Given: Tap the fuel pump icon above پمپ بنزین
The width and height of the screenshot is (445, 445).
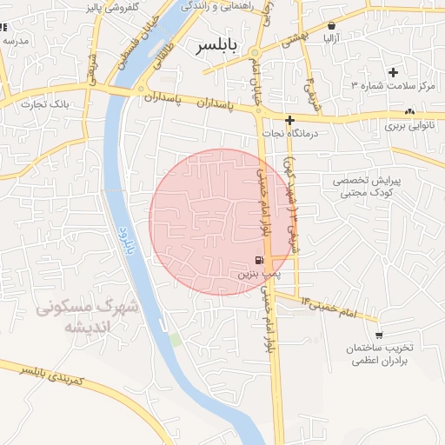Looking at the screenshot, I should click(259, 260).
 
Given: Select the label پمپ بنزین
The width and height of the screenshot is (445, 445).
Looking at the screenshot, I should click(259, 274).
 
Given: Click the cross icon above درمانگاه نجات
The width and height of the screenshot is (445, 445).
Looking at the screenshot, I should click(289, 120).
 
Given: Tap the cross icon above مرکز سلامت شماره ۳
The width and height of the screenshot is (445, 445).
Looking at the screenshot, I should click(393, 72).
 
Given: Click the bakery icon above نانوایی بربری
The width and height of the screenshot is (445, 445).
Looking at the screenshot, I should click(410, 111).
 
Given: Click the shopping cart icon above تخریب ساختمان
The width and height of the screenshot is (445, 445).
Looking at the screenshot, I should click(379, 335).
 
